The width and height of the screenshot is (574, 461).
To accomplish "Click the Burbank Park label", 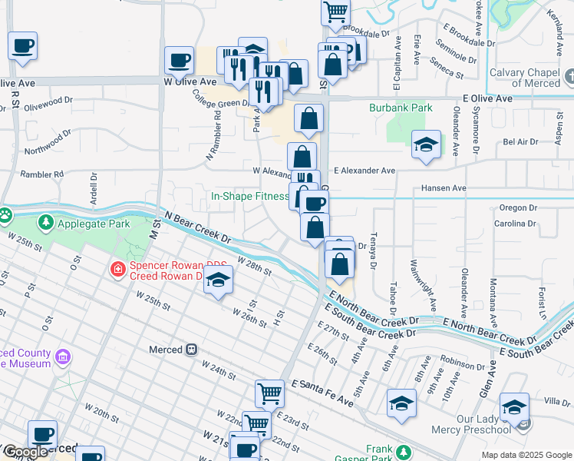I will point(401,108).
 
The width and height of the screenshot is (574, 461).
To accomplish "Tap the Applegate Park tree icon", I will point(46,224).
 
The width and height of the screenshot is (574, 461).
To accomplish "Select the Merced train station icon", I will point(192,350).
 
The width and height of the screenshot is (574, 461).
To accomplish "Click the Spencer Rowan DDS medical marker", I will point(117,268).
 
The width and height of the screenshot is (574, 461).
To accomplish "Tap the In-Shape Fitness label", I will point(249,196).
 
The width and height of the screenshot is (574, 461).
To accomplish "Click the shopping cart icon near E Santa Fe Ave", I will point(269,393).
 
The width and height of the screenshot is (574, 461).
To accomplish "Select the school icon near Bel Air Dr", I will point(425,144).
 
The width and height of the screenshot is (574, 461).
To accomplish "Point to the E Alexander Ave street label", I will point(364,171).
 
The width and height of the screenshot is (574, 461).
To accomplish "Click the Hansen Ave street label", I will point(444,188).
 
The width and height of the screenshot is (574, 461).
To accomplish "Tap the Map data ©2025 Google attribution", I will point(526,455).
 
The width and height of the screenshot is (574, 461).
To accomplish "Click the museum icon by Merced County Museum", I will point(63,357).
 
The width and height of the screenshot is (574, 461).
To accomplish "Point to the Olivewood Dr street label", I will point(48,100).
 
